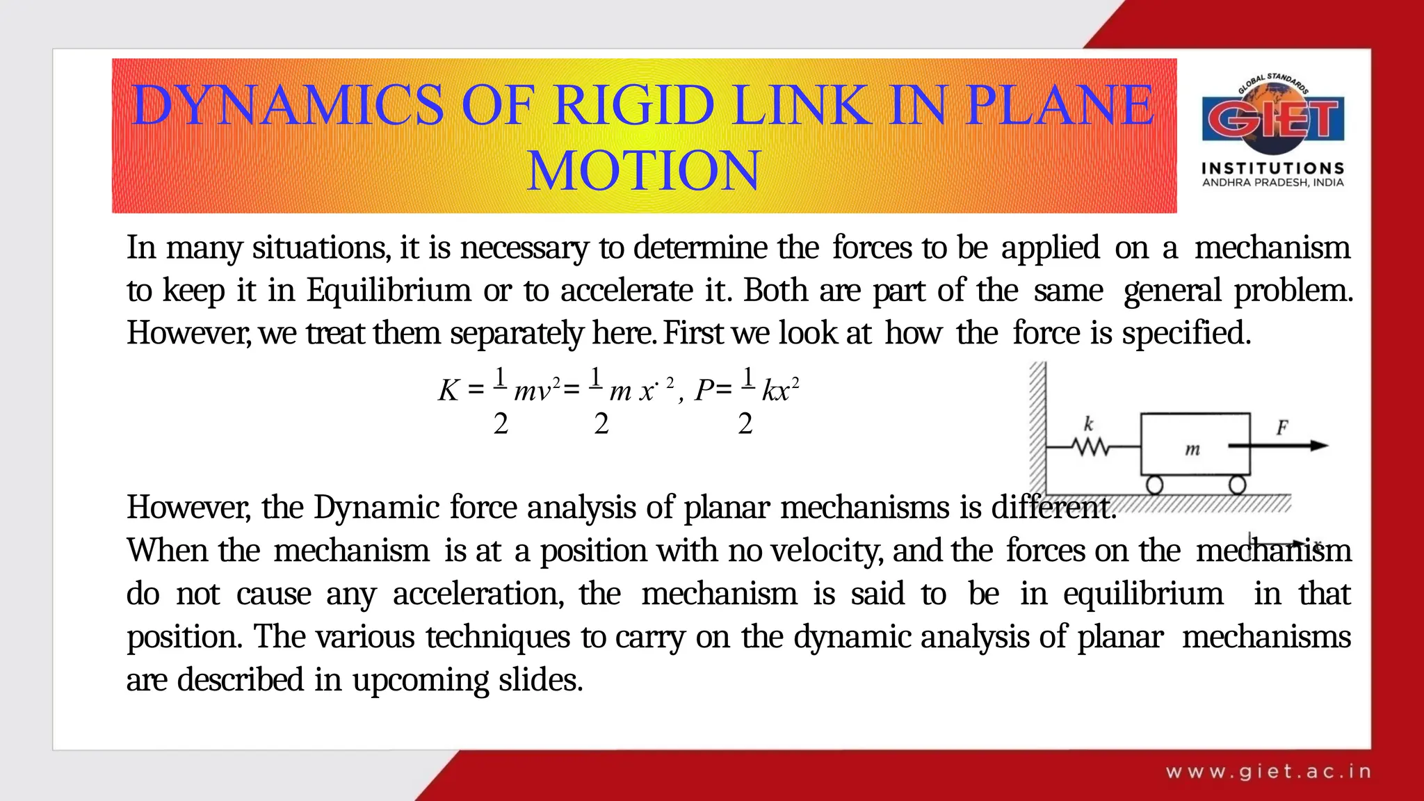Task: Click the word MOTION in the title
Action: coord(644,170)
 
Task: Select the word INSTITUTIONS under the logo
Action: coord(1272,168)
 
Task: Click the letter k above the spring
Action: coord(1089,423)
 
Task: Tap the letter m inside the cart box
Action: coord(1192,450)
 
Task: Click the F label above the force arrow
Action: coord(1282,427)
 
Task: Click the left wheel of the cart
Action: coord(1154,485)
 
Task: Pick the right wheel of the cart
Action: coord(1237,485)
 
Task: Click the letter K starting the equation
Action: coord(448,391)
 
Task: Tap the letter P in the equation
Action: coord(704,391)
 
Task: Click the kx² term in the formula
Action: coord(780,390)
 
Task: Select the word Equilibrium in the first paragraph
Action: coord(389,291)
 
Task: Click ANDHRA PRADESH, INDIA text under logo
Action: coord(1272,183)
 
